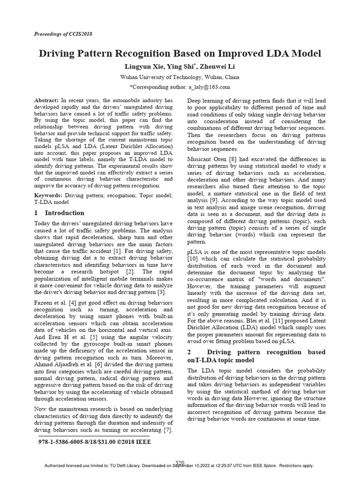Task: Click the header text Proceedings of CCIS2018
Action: point(63,35)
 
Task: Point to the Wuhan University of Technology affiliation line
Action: point(180,77)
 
